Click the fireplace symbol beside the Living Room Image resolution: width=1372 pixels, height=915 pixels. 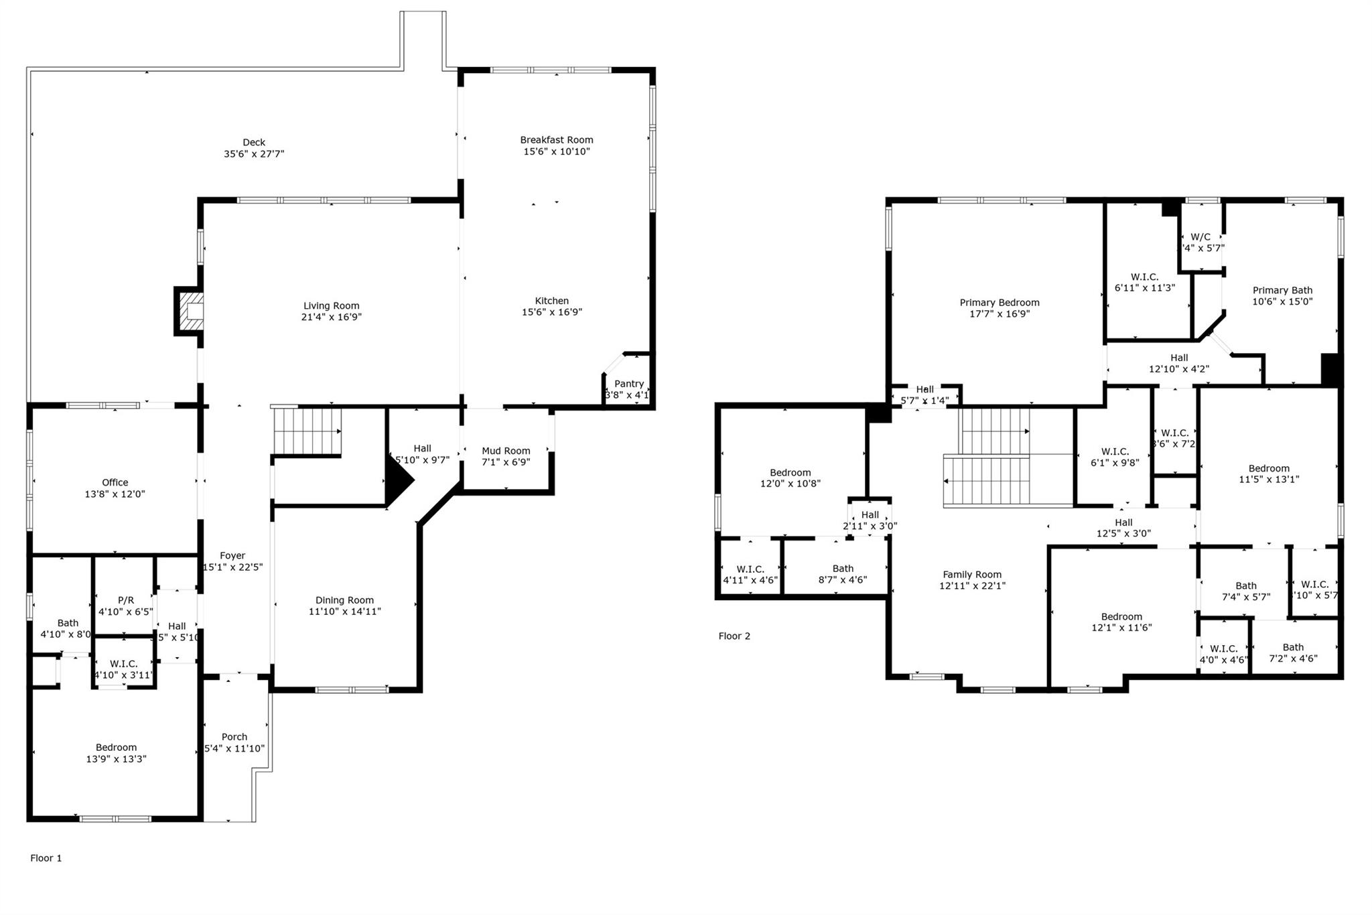coord(190,311)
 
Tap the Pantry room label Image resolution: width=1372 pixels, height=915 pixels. coord(628,384)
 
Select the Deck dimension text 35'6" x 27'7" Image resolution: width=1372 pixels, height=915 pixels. coord(254,154)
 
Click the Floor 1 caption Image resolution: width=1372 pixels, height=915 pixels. coord(46,858)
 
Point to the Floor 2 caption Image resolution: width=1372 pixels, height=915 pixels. coord(734,636)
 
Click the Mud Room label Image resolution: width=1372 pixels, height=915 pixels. coord(506,451)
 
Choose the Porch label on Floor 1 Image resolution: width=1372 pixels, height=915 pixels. coord(234,737)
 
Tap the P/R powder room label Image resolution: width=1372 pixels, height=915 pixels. coord(126,600)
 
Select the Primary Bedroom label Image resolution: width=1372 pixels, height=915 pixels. coord(1000,303)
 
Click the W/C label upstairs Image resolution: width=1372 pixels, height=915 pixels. coord(1200,237)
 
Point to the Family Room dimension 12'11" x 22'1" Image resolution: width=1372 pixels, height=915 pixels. coord(972,585)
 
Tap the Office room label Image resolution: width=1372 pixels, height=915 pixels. coord(115,482)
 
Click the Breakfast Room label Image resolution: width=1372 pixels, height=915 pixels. coord(557,140)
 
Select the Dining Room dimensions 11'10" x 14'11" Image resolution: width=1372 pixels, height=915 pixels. coord(344,612)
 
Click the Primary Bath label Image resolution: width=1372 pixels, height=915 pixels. coord(1282,290)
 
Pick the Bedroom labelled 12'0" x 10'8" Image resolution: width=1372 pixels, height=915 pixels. coord(790,473)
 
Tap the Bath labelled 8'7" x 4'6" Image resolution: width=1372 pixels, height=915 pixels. coord(842,569)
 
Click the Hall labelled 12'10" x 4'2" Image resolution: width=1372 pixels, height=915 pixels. coord(1179,358)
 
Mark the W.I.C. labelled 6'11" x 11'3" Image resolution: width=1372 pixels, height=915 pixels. coord(1144,277)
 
